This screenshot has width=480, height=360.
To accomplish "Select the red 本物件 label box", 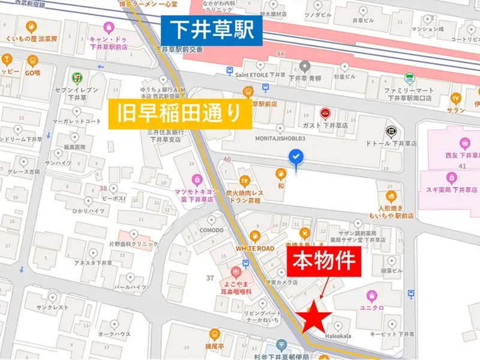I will coord(324,263).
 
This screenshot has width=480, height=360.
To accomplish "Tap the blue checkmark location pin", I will coord(296,158).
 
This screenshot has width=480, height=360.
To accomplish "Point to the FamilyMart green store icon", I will coord(410,78).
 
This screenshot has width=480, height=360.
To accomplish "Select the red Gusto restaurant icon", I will coord(325,112).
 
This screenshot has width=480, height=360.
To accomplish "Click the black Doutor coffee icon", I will coord(391,130).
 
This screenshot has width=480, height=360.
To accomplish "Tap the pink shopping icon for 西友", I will coord(464,143).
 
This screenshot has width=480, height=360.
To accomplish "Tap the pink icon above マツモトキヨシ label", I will coord(197,178).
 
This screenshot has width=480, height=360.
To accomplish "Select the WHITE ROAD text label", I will coord(254,248).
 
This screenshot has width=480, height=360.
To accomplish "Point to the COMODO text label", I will coord(211,230).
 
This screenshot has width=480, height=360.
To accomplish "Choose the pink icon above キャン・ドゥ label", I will coord(109,26).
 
